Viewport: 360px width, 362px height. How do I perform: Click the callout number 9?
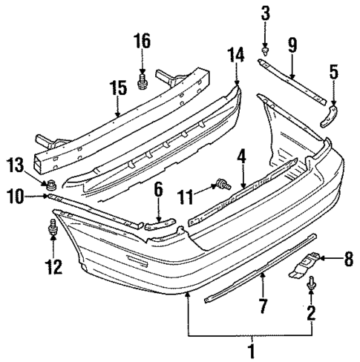[x=292, y=46]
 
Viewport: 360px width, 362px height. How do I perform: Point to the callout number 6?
[x=157, y=192]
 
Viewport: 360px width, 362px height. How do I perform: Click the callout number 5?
[x=333, y=73]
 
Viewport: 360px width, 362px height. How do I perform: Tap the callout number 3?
[x=265, y=13]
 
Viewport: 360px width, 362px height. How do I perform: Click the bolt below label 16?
[x=143, y=81]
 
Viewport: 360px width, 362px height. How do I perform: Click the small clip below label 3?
[x=265, y=51]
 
